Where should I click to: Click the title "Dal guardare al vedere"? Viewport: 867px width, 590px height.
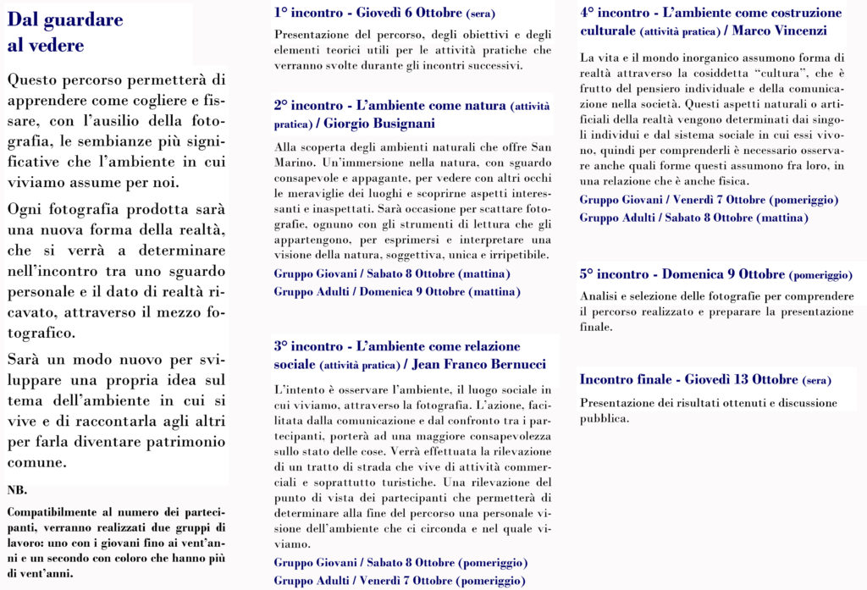click(x=65, y=32)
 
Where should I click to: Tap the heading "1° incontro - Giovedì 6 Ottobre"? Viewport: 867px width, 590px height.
click(x=384, y=14)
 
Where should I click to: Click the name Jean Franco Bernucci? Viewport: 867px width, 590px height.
click(x=474, y=365)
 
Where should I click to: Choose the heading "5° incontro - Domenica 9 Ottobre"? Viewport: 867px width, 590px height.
click(x=715, y=275)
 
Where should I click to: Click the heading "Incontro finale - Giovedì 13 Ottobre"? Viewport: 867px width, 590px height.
click(x=705, y=380)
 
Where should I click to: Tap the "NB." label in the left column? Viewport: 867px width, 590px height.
click(x=16, y=490)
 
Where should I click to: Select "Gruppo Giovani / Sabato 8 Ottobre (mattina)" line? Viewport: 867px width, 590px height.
click(x=392, y=274)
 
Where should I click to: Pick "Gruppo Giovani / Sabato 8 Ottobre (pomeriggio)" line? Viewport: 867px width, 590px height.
click(x=400, y=563)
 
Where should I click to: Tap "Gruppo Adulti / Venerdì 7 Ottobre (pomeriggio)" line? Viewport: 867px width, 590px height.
click(x=399, y=581)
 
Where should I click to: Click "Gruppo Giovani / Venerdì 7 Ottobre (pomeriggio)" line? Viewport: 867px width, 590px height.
click(x=709, y=201)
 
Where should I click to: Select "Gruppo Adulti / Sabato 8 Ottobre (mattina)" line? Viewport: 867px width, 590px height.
click(x=693, y=218)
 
